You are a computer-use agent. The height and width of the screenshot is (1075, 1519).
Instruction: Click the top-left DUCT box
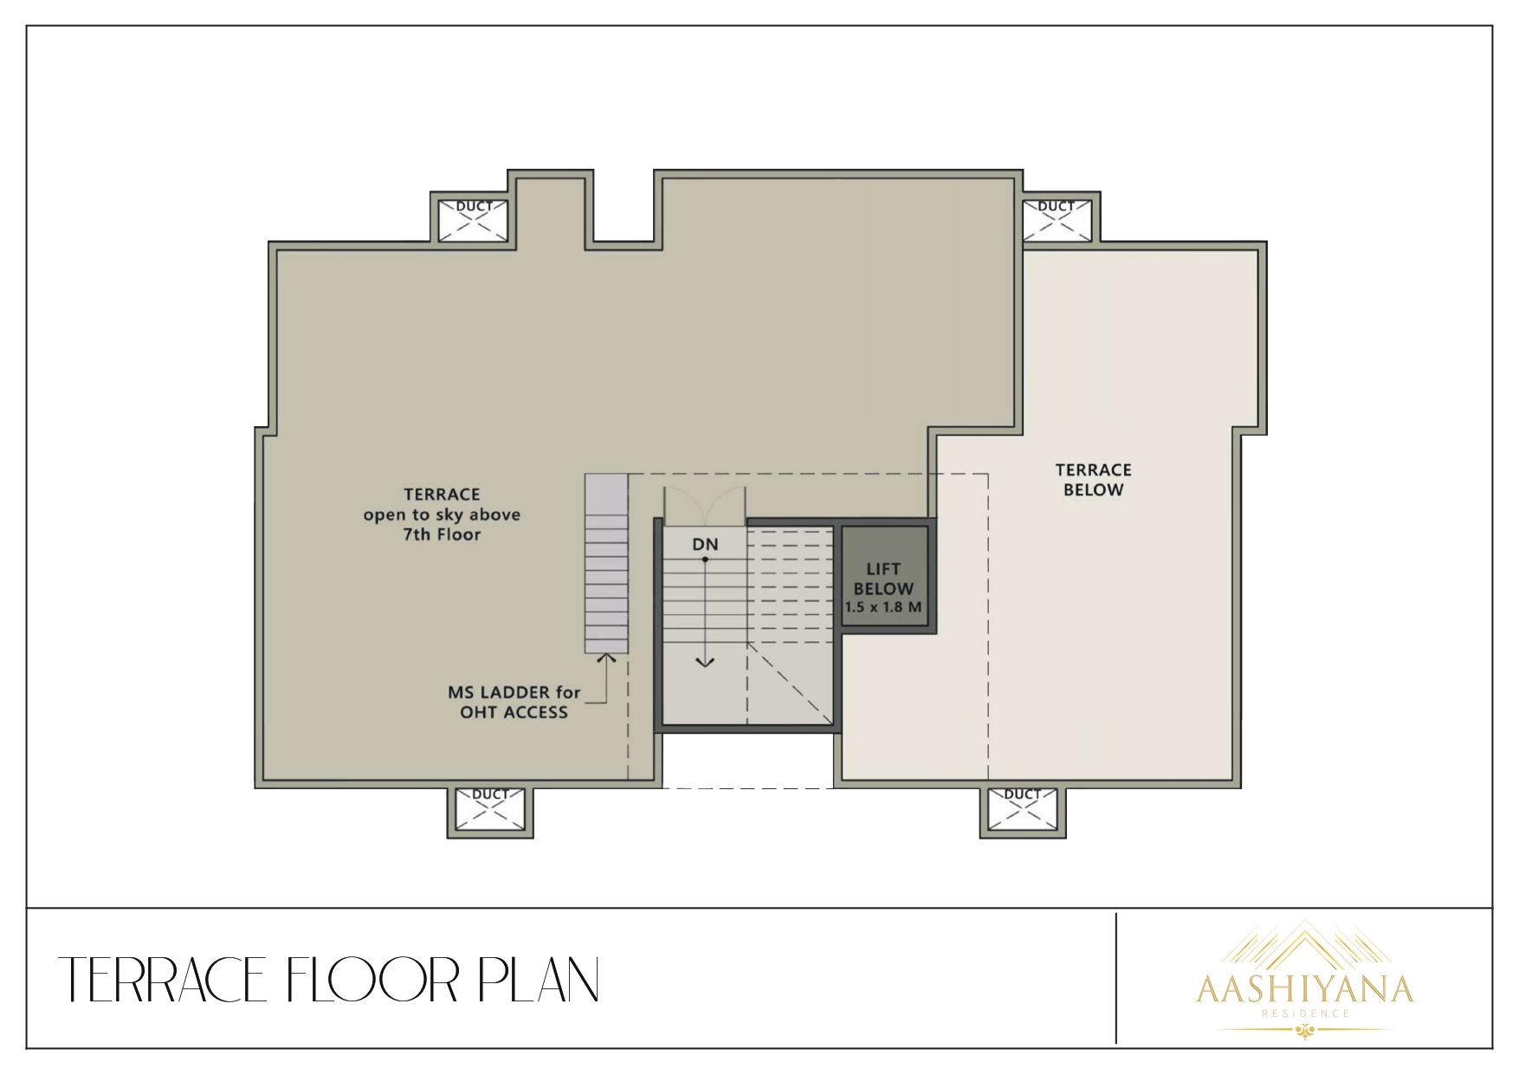click(x=474, y=219)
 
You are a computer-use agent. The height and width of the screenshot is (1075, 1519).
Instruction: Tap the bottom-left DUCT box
click(x=490, y=809)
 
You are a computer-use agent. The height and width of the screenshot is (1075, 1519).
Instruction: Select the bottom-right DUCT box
click(x=1022, y=809)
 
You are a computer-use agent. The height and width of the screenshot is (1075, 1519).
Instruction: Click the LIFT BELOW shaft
click(x=883, y=580)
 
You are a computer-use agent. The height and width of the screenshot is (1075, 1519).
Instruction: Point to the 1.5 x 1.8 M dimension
click(x=883, y=607)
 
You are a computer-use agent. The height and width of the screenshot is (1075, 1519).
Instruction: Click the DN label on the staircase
click(x=705, y=545)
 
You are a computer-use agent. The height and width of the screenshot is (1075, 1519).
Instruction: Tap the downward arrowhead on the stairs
click(x=706, y=663)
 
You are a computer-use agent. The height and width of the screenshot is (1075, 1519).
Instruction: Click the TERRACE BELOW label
click(x=1093, y=480)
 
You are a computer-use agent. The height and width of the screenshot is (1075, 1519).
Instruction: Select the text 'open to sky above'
click(x=442, y=515)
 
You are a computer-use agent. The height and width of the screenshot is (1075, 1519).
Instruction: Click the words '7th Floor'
click(x=442, y=534)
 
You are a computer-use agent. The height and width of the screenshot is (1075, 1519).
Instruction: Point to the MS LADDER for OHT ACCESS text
click(x=514, y=703)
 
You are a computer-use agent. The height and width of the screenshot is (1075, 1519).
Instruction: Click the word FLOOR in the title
click(x=372, y=981)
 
